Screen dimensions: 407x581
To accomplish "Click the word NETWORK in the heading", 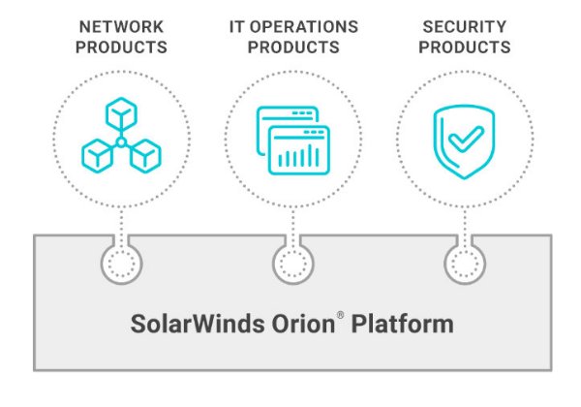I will tap(121, 27).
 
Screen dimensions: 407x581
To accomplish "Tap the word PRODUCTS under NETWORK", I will tap(121, 47).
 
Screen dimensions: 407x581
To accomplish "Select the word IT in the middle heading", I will tap(236, 27).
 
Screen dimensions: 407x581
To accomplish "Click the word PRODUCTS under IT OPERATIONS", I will tap(292, 47).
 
